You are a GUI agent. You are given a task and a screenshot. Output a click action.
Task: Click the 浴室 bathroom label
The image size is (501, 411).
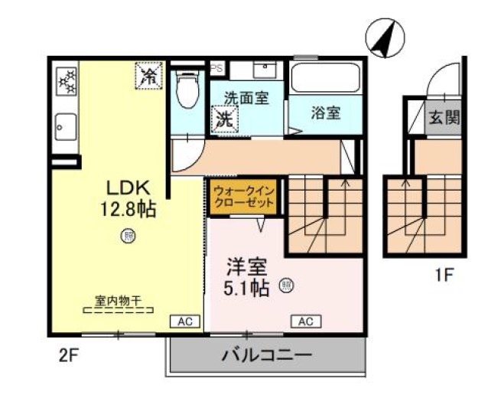click(x=325, y=113)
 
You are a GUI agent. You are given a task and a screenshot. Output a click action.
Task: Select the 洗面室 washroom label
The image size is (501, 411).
click(x=246, y=99)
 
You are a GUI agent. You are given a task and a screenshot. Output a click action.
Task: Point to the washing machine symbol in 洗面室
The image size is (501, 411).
click(x=224, y=119)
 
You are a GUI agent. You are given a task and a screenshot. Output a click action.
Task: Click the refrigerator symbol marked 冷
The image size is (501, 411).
click(x=148, y=75)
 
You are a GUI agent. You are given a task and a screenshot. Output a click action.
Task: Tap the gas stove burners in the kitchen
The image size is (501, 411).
click(x=67, y=80)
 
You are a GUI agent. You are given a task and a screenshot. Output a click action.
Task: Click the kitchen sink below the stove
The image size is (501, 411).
click(x=66, y=126)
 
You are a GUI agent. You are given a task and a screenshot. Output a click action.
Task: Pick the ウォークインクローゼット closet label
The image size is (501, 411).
click(x=243, y=196)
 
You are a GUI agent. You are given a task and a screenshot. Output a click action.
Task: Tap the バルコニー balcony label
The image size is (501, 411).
click(x=266, y=356)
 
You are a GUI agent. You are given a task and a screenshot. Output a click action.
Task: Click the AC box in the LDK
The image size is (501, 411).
click(x=184, y=321)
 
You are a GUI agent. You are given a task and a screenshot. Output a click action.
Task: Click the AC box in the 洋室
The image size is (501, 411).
click(x=304, y=321)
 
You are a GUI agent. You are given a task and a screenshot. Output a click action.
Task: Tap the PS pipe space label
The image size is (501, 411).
click(x=216, y=67)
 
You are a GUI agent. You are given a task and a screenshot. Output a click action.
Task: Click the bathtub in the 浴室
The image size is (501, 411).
click(x=324, y=79)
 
